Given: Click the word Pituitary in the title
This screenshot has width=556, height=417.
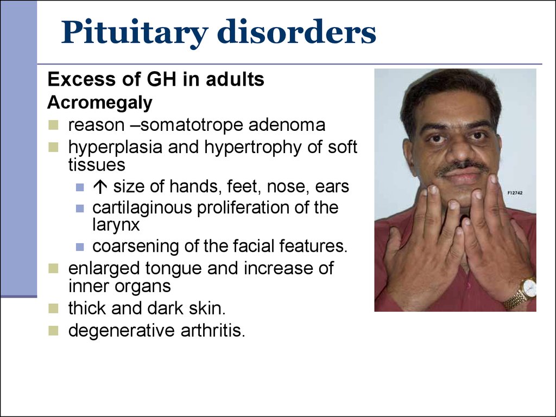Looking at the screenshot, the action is click(135, 33).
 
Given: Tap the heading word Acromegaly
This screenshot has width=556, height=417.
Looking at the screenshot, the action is click(100, 103).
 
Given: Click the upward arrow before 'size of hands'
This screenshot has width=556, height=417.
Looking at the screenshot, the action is click(100, 187).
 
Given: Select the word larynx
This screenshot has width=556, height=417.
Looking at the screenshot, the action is click(116, 226).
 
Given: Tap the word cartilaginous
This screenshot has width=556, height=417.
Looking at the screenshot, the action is click(143, 208).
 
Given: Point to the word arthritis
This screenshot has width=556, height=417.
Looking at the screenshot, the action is click(213, 330).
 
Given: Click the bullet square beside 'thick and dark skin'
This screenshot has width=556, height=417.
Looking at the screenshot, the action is click(53, 308).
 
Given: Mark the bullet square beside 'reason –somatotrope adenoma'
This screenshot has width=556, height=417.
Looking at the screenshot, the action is click(53, 125).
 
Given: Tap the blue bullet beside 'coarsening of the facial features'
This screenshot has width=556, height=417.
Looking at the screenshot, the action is click(80, 247).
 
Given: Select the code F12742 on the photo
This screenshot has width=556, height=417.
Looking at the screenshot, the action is click(515, 193).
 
